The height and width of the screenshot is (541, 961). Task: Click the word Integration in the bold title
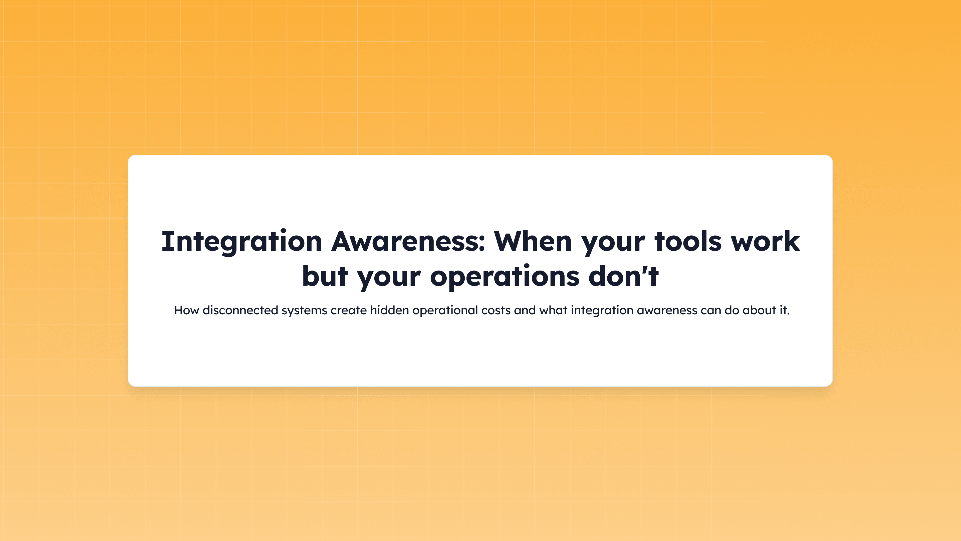coord(241,241)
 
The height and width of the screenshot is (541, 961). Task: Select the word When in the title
coord(533,241)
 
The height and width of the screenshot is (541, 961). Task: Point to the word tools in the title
coord(688,241)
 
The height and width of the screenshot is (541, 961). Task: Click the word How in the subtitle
coord(186,310)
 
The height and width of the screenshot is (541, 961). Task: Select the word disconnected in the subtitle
coord(240,310)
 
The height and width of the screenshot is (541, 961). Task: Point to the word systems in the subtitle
coord(304,310)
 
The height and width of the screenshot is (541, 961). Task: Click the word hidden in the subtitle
coord(389,310)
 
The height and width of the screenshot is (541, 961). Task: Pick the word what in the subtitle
coord(553,310)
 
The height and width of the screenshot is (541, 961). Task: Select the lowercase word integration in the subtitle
coord(602,310)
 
